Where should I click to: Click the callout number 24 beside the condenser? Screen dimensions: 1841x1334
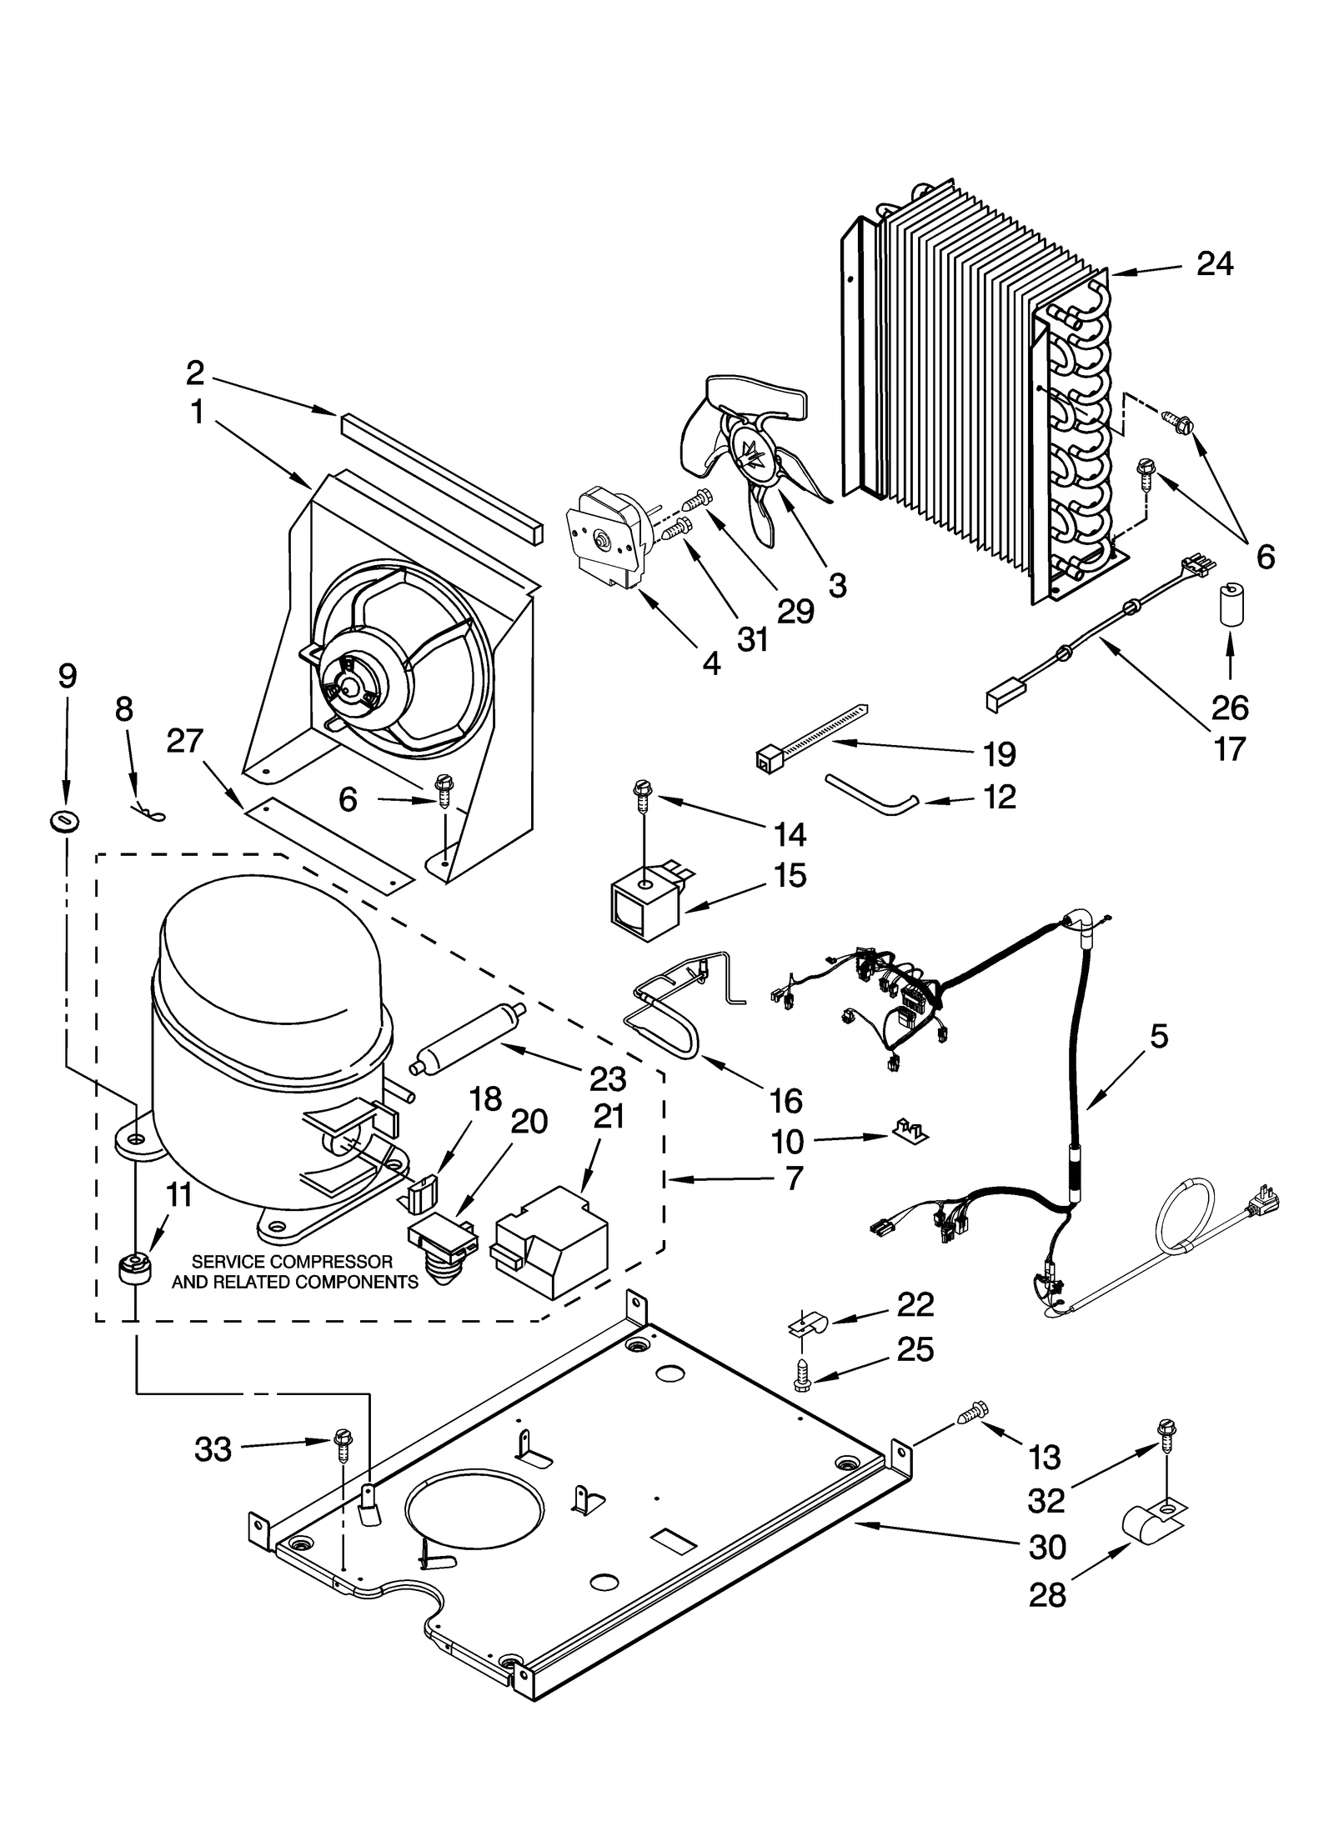pyautogui.click(x=1214, y=264)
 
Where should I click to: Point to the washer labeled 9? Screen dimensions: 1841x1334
pyautogui.click(x=63, y=822)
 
